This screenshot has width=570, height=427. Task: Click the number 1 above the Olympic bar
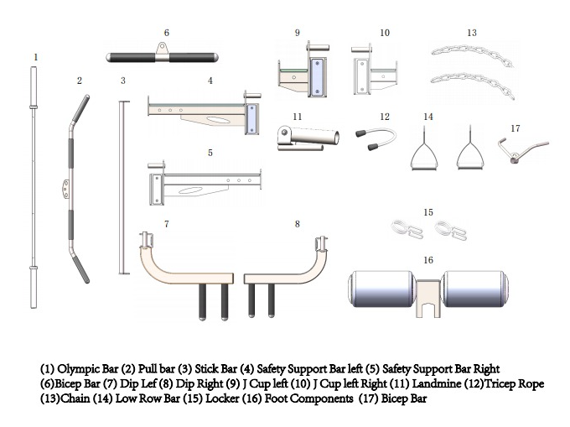click(x=35, y=57)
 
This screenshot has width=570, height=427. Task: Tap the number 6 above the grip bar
click(x=166, y=33)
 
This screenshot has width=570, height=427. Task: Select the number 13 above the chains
click(x=472, y=33)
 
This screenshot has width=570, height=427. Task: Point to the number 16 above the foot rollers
click(x=428, y=260)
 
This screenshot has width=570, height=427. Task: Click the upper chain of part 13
click(x=465, y=54)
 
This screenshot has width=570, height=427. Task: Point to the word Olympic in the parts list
click(x=77, y=369)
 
